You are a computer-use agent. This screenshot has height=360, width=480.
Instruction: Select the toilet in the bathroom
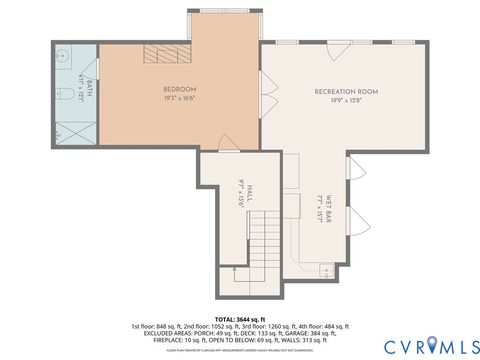[62, 97]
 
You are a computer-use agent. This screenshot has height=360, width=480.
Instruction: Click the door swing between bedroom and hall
[227, 145]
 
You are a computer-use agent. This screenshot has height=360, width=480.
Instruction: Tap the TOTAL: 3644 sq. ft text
[240, 318]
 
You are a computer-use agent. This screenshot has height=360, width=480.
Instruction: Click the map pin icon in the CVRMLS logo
[431, 345]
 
